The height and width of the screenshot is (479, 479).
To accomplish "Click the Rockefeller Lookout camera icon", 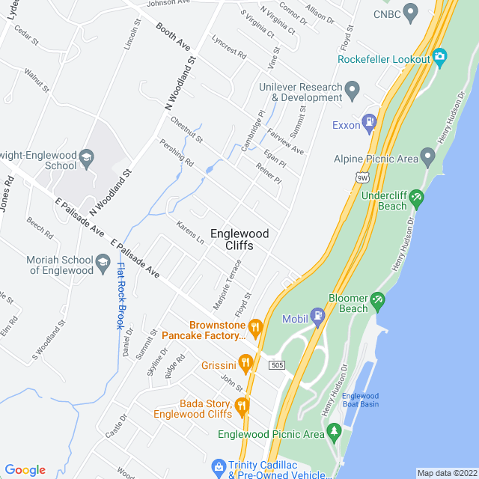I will pyautogui.click(x=439, y=56).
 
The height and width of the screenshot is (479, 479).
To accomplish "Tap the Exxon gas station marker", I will pyautogui.click(x=368, y=121).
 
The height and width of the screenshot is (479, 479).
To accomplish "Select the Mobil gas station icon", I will pyautogui.click(x=317, y=315).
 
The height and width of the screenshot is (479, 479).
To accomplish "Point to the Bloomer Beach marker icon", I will pyautogui.click(x=378, y=299).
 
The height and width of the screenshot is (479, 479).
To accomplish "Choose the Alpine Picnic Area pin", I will pyautogui.click(x=427, y=157).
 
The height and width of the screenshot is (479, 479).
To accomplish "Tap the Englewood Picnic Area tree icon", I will pyautogui.click(x=334, y=432).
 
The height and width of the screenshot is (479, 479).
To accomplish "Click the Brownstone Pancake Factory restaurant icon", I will pyautogui.click(x=255, y=326).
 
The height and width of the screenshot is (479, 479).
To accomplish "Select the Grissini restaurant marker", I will pyautogui.click(x=245, y=364).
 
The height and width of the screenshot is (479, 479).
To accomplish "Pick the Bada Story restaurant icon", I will pyautogui.click(x=242, y=406).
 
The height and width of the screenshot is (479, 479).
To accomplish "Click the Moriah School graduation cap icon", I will pyautogui.click(x=103, y=263).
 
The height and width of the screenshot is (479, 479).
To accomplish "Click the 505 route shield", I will pyautogui.click(x=278, y=364).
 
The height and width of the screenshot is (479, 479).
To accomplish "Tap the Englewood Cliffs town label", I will pyautogui.click(x=239, y=239).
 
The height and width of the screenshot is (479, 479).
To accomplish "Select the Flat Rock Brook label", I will pyautogui.click(x=120, y=296).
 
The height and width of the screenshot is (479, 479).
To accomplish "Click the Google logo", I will pyautogui.click(x=25, y=469).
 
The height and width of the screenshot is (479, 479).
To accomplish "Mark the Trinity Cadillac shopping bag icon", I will pyautogui.click(x=218, y=467).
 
